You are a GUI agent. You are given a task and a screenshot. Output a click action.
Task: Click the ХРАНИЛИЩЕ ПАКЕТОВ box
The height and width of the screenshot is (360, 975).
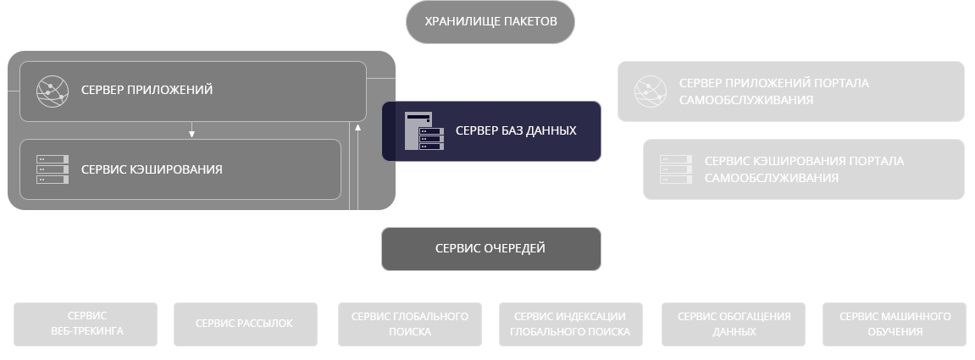(x=490, y=22)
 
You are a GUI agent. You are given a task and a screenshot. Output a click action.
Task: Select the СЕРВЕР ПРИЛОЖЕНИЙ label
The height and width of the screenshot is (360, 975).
(x=147, y=90)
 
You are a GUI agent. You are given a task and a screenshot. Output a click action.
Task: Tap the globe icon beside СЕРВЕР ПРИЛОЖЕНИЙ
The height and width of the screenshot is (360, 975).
(x=52, y=90)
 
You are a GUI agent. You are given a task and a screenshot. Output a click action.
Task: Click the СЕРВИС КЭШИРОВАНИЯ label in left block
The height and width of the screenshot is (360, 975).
(x=152, y=169)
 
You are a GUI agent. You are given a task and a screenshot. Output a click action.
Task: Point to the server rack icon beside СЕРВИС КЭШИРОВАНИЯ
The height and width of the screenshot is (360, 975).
(x=52, y=169)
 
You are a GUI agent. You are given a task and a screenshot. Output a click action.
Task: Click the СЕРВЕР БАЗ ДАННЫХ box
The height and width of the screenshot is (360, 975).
(x=491, y=131)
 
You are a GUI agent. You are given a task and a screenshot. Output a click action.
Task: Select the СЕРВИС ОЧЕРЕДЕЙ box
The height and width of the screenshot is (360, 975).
(x=490, y=249)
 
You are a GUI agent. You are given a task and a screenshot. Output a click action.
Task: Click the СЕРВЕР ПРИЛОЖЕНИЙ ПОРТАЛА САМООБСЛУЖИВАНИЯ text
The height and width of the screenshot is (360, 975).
(x=773, y=91)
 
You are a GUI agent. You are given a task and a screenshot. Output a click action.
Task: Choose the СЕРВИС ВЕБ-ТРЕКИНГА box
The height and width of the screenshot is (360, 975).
(x=86, y=324)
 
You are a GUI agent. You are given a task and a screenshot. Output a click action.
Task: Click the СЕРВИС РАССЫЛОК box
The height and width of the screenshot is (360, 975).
(x=245, y=324)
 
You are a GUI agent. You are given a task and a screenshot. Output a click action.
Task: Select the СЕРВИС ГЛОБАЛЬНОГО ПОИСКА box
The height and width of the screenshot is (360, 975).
(x=410, y=324)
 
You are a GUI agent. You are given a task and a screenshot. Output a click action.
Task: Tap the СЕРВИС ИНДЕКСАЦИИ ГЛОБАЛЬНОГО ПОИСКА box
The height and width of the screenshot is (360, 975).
(x=570, y=324)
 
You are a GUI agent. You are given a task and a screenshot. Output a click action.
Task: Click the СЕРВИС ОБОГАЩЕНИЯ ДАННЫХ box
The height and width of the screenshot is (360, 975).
(x=734, y=324)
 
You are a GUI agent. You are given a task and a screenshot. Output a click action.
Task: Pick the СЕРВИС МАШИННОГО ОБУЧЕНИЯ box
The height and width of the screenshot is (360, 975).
(x=895, y=324)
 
